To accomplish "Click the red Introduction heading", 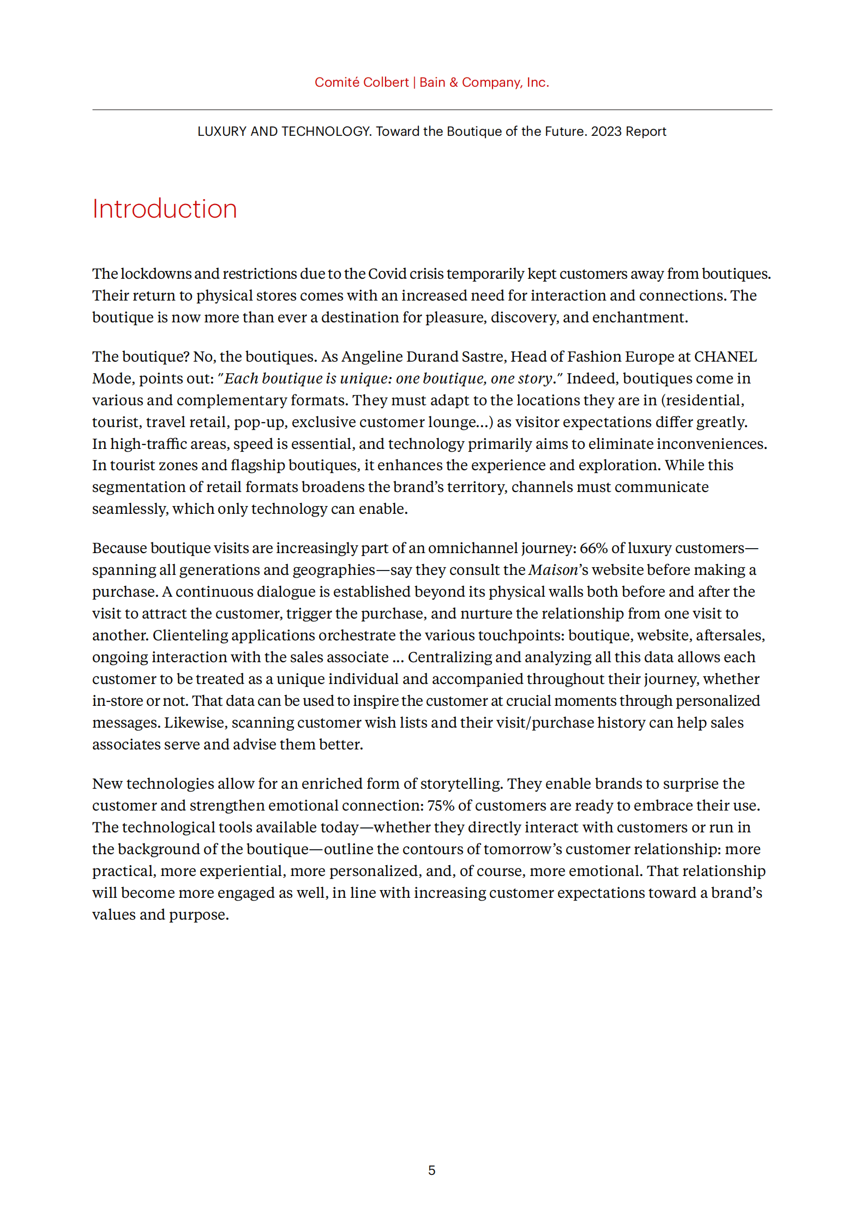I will coord(164,209).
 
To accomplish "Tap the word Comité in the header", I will coord(337,82).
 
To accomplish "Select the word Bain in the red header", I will coord(432,82).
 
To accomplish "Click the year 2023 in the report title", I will coord(606,131).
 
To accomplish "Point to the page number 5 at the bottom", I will coord(431,1170).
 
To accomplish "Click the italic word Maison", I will coord(553,570).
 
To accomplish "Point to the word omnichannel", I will coord(472,548).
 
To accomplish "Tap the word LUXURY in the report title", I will coord(221,131).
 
